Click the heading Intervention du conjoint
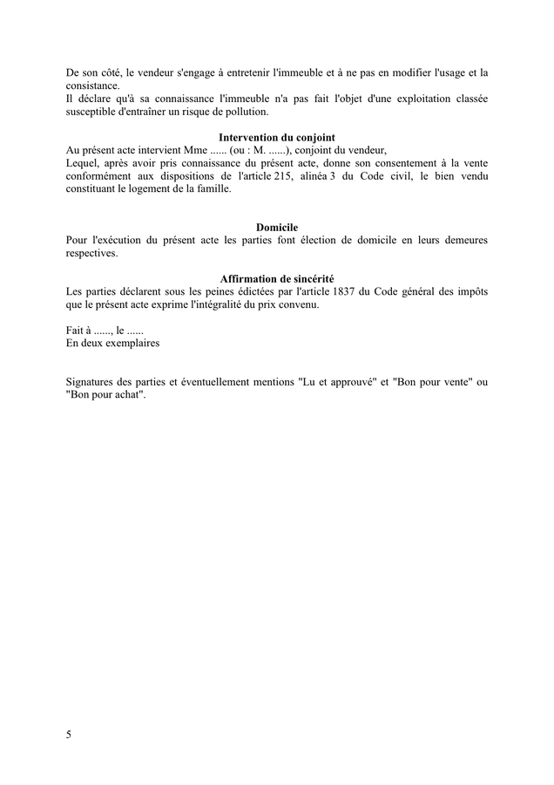276,137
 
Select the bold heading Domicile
277,228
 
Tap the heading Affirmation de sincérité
277,278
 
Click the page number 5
69,734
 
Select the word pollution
268,113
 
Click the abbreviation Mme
182,150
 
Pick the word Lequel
82,162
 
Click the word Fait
74,330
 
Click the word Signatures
93,382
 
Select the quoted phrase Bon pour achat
105,395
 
